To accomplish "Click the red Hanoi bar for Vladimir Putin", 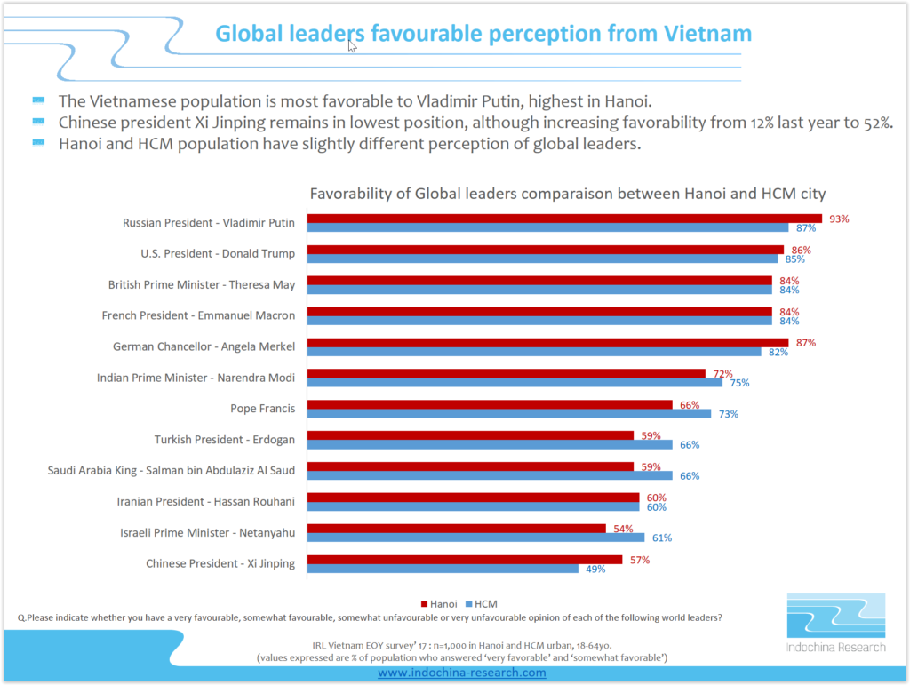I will point(564,219).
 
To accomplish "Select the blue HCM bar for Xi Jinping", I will point(443,569).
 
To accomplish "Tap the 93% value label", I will point(839,219).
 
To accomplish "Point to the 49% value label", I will point(595,569).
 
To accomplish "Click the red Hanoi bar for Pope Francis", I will point(490,404).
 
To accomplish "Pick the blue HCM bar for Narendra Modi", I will point(515,383).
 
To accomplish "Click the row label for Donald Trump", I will point(217,254).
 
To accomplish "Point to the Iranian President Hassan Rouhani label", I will point(205,502).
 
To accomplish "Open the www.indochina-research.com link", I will point(461,673).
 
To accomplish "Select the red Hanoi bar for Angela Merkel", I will point(547,342).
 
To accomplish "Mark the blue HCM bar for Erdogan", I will point(490,444).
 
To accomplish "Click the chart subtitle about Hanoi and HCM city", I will point(567,194).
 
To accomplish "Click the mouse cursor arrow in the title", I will point(352,45).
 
